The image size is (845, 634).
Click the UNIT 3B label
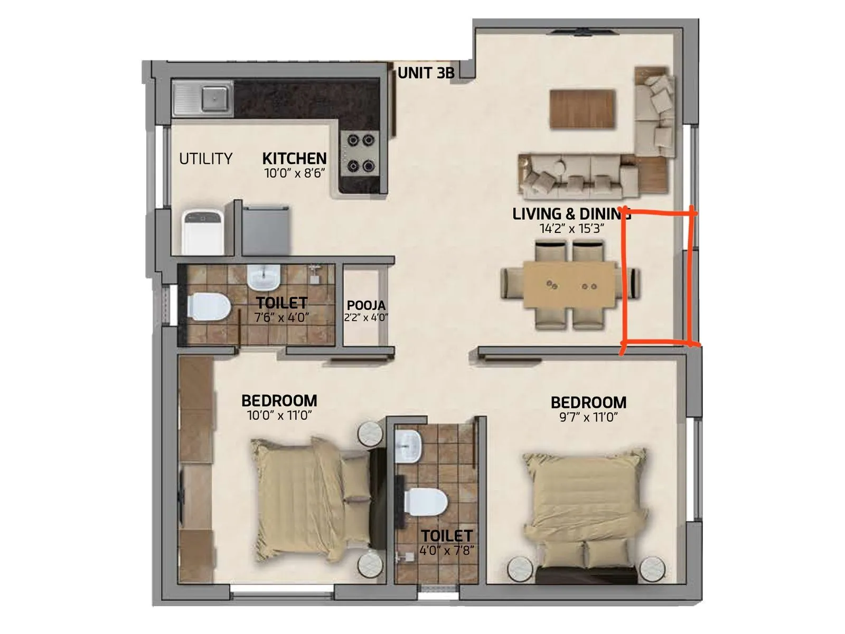426,73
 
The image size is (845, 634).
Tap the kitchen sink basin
215,98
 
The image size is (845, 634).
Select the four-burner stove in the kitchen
361,154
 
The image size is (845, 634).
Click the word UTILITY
205,158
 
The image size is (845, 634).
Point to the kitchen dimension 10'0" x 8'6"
294,173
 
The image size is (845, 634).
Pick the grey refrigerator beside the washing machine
265,230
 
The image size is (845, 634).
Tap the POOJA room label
366,305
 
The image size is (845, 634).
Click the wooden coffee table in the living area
583,109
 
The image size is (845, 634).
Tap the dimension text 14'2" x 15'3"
571,229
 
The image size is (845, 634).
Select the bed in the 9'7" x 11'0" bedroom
584,499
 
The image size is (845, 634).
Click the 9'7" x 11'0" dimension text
588,417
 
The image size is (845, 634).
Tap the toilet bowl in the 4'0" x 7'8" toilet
427,502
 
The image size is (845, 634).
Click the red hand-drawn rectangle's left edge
625,280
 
